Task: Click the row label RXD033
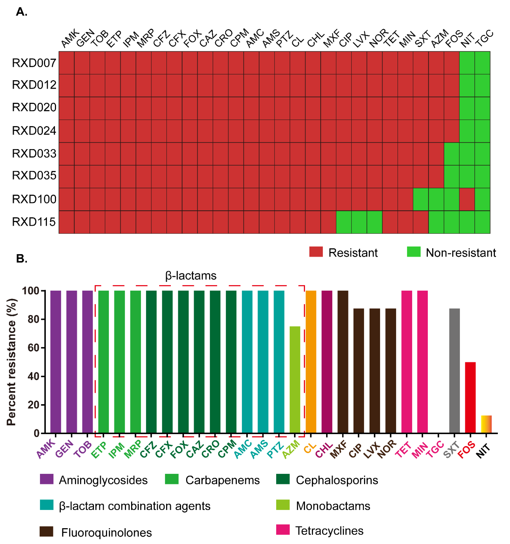(x=34, y=154)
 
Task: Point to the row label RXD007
(x=34, y=63)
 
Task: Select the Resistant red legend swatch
(x=316, y=252)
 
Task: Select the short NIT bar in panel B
(x=486, y=424)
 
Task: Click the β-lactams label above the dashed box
(x=191, y=276)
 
